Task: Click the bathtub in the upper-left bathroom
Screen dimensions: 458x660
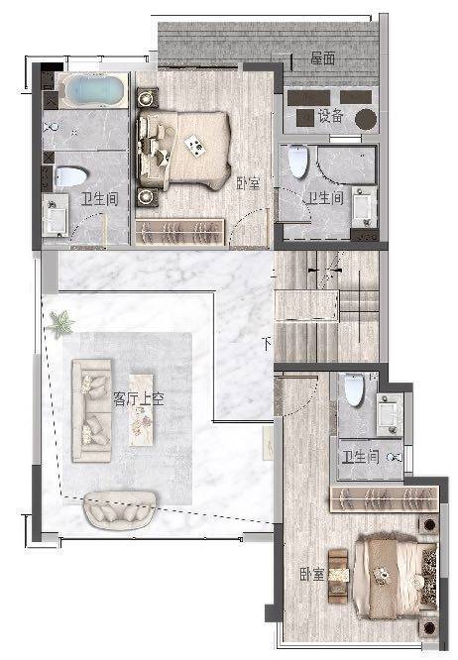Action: [93, 90]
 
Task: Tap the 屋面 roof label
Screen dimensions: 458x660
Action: [323, 58]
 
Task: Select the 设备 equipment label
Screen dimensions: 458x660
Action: [330, 115]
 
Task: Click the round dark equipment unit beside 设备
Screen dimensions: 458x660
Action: [366, 119]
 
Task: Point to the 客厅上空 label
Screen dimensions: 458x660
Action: [139, 399]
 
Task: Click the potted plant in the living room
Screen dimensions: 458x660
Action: [60, 324]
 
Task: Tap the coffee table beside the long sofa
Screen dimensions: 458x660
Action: [141, 409]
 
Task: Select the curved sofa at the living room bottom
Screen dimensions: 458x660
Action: [120, 509]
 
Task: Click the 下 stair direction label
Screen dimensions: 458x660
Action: [267, 344]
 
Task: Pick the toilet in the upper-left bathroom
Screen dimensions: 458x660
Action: [69, 176]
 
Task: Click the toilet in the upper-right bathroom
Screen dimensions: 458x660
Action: [298, 162]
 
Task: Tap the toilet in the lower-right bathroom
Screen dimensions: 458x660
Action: [354, 389]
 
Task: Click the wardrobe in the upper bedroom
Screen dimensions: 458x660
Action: [179, 232]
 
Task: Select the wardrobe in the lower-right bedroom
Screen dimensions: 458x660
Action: [385, 499]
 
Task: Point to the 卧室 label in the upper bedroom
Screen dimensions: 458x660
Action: [248, 183]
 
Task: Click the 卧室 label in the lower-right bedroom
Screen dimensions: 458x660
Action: [312, 575]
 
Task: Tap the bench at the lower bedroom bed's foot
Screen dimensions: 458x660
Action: [338, 576]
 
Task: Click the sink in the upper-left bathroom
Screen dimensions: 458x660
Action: [56, 215]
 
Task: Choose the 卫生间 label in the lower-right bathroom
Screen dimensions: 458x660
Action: [360, 457]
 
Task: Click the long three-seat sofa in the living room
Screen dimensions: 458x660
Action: [92, 410]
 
